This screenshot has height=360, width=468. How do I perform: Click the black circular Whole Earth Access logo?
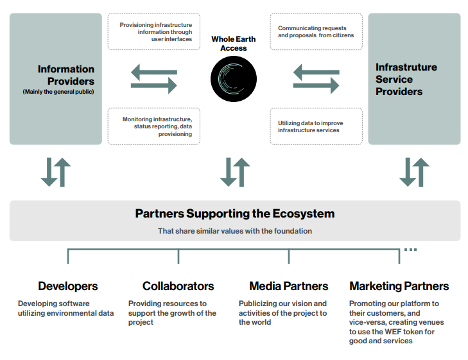click(234, 79)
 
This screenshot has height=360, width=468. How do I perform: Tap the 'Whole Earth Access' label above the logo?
click(234, 44)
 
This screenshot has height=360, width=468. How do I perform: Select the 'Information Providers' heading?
click(66, 75)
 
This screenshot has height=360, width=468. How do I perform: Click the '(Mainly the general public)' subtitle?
click(58, 92)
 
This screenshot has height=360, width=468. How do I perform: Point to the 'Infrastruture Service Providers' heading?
click(406, 79)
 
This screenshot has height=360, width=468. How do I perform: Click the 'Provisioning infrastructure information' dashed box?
click(154, 31)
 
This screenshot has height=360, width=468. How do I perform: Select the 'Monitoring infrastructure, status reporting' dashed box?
click(154, 126)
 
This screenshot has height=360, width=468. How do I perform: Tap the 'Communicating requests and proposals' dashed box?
click(316, 31)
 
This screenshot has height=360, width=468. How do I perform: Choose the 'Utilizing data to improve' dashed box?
click(316, 126)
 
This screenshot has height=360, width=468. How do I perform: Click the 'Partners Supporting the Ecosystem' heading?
click(235, 214)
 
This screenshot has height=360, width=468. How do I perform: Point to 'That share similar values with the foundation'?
click(235, 231)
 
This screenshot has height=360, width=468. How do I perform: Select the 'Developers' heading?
click(68, 286)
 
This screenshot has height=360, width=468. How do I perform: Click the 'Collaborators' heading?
click(178, 286)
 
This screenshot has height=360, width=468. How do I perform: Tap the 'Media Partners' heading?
click(289, 286)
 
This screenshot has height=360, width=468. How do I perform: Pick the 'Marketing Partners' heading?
click(399, 286)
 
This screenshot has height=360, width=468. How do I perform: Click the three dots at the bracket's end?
click(410, 250)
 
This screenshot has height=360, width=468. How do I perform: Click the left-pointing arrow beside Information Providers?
click(154, 72)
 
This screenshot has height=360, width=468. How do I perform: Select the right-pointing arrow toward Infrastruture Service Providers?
click(316, 85)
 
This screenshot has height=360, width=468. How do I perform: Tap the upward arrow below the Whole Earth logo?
click(241, 172)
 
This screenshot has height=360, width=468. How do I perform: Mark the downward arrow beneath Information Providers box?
click(49, 172)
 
